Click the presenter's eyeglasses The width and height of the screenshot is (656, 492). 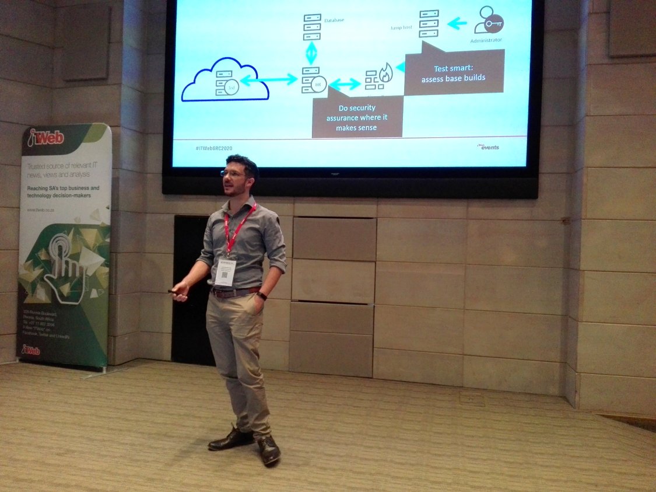pyautogui.click(x=233, y=173)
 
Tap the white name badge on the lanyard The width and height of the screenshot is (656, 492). pyautogui.click(x=225, y=272)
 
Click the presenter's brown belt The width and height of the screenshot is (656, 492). pyautogui.click(x=234, y=292)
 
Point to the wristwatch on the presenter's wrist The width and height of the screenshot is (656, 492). pyautogui.click(x=262, y=296)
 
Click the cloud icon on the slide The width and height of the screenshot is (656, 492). pyautogui.click(x=225, y=80)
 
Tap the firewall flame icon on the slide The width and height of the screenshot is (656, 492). pyautogui.click(x=386, y=74)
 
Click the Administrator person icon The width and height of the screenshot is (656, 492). pyautogui.click(x=487, y=20)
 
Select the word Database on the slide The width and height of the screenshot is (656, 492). pyautogui.click(x=334, y=20)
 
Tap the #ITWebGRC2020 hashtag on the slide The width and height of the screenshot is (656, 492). pyautogui.click(x=218, y=149)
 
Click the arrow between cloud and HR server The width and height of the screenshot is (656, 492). pyautogui.click(x=269, y=80)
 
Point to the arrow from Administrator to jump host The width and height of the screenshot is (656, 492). pyautogui.click(x=457, y=23)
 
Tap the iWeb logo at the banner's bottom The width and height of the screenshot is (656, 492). pyautogui.click(x=31, y=350)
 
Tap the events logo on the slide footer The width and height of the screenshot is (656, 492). pyautogui.click(x=489, y=147)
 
